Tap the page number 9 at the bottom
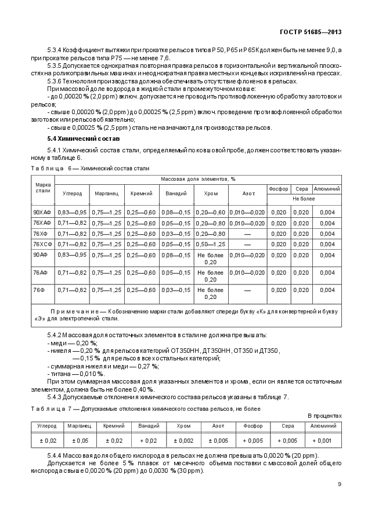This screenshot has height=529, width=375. [339, 484]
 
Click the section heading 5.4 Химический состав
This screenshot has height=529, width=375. [84, 139]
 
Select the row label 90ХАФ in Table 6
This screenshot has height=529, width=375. [42, 213]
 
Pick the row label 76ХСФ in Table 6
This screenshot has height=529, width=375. [42, 244]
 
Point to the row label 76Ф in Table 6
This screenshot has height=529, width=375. [39, 289]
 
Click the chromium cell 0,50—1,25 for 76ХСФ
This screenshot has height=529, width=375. [210, 244]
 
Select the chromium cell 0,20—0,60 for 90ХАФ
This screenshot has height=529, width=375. [210, 213]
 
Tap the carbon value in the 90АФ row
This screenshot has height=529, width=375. [72, 255]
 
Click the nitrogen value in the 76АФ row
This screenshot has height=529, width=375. [247, 272]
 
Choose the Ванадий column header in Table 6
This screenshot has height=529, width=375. [176, 194]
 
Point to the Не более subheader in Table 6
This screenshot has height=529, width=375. [304, 198]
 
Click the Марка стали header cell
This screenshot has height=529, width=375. [42, 187]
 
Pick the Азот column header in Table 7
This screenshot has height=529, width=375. [220, 425]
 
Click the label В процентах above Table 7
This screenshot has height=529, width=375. [324, 415]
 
